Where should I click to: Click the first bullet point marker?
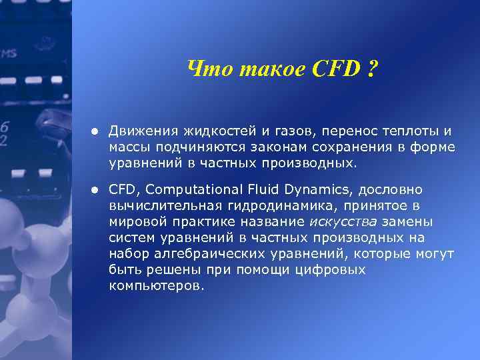pyautogui.click(x=96, y=130)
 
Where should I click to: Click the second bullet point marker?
pyautogui.click(x=96, y=190)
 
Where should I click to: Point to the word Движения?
pyautogui.click(x=140, y=130)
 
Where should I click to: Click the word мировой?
pyautogui.click(x=138, y=222)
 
